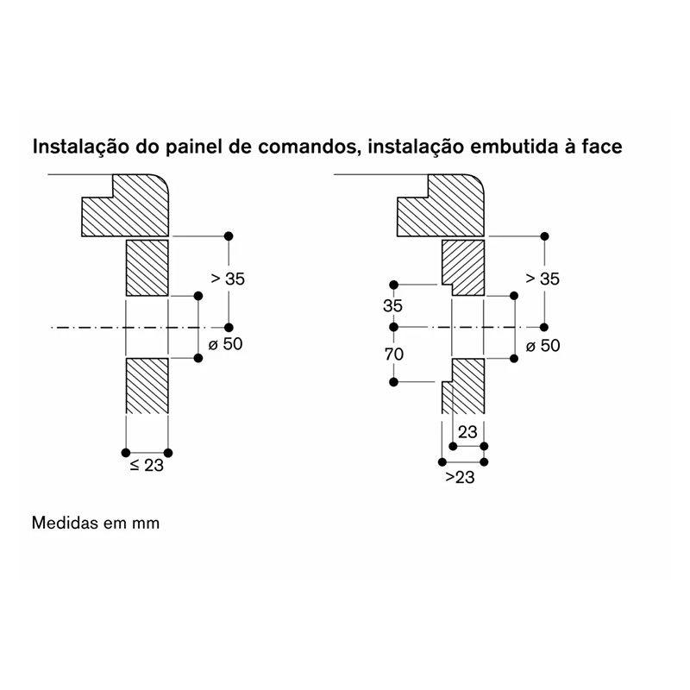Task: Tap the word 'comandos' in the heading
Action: [x=306, y=147]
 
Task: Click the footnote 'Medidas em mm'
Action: [x=96, y=523]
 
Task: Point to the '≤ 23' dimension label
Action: [x=147, y=465]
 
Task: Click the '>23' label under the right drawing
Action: [x=460, y=477]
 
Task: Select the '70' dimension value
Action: [x=394, y=354]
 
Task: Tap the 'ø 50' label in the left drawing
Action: [x=225, y=343]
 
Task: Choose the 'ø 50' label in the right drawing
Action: [x=543, y=346]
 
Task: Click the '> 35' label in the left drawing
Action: [x=228, y=279]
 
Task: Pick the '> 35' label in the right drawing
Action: [x=543, y=279]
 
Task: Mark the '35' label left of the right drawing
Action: [x=392, y=305]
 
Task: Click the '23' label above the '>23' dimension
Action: [x=467, y=432]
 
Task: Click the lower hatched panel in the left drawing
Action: [x=147, y=386]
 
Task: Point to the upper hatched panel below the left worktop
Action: [x=147, y=267]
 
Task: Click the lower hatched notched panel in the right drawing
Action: [x=464, y=386]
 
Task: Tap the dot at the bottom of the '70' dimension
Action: [x=394, y=382]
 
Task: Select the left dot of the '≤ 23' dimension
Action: [x=126, y=452]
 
